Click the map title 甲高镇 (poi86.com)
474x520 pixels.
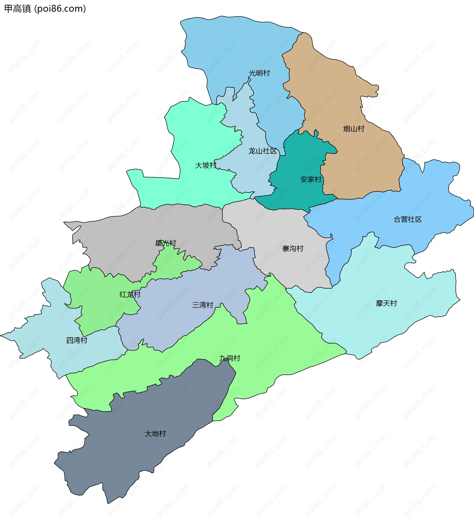tap(45, 9)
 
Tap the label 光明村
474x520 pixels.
tap(259, 73)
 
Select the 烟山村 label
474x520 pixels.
tap(354, 129)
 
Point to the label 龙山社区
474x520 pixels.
tap(263, 151)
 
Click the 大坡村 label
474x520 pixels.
tap(206, 165)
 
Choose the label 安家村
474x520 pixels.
tap(311, 179)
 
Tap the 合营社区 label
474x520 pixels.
tap(408, 220)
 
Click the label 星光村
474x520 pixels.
tap(165, 243)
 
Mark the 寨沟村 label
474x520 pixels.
tap(293, 249)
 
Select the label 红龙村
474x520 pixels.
tap(130, 294)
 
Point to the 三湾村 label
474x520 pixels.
tap(203, 305)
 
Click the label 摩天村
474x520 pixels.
tap(386, 303)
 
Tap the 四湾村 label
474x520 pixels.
tap(77, 340)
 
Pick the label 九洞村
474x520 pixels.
tap(230, 358)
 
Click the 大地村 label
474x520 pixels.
tap(155, 434)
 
